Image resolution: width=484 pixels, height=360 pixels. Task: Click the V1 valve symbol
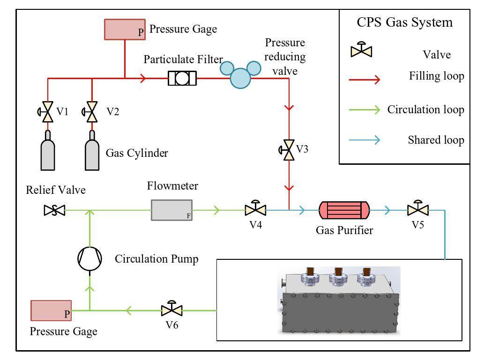(47, 112)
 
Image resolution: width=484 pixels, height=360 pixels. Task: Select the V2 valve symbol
(92, 112)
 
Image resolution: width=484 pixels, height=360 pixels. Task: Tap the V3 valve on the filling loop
(289, 149)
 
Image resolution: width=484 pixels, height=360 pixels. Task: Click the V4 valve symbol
(255, 209)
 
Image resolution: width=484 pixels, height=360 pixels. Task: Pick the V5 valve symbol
(416, 209)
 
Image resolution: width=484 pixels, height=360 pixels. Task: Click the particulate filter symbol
(182, 78)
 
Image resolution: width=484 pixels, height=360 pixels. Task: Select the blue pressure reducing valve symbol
(240, 75)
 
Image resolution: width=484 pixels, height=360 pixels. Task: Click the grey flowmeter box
(171, 210)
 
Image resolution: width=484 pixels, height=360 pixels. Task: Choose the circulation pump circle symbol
(89, 258)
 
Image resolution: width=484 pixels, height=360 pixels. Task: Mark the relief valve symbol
(54, 211)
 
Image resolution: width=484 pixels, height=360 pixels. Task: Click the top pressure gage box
(125, 29)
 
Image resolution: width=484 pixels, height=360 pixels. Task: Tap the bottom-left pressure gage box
(51, 311)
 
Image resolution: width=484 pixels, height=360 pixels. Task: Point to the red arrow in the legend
(364, 80)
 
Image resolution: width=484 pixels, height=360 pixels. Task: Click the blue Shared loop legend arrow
(364, 140)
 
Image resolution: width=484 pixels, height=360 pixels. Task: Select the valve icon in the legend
(361, 50)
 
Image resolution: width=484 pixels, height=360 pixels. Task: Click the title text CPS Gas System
(405, 22)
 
